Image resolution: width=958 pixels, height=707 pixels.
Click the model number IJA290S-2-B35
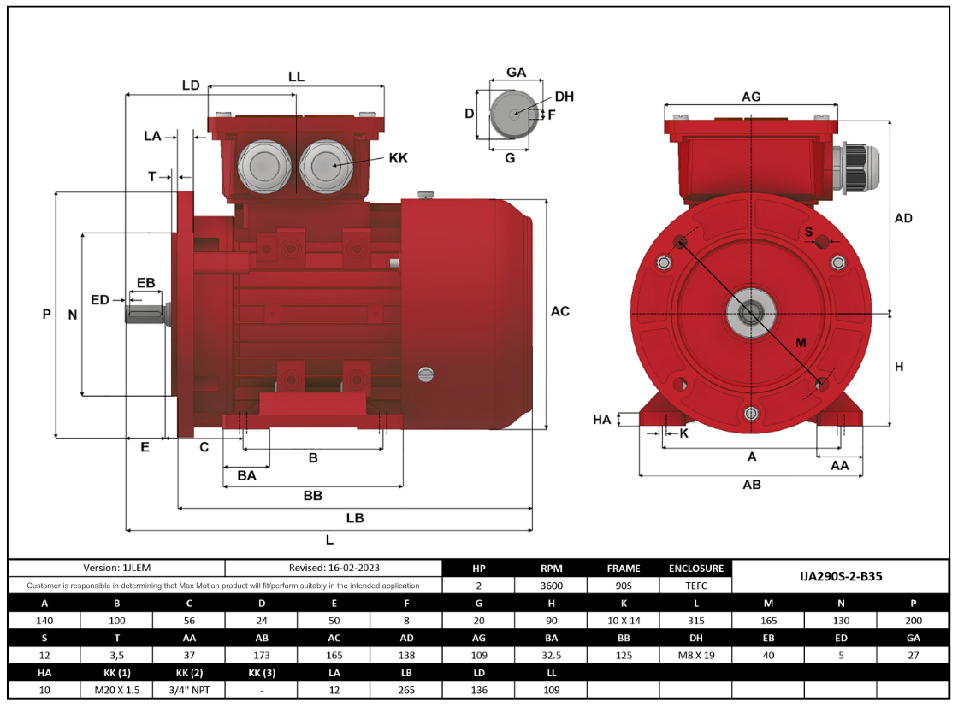tap(841, 576)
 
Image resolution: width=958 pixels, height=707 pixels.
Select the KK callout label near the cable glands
tap(398, 158)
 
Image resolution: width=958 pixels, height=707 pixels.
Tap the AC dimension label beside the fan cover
tap(559, 311)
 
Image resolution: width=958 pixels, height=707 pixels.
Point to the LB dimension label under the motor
tap(354, 518)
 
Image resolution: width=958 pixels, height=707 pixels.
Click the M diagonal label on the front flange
tap(801, 343)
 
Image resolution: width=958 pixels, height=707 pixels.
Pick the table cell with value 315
tap(696, 621)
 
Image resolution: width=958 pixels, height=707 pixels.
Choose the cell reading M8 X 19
tap(696, 655)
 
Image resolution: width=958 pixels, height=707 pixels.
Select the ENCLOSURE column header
tap(696, 568)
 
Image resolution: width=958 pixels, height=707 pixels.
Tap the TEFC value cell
tap(696, 586)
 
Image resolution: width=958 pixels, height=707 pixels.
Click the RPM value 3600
tap(551, 586)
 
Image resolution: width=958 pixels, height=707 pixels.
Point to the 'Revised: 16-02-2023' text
tap(334, 568)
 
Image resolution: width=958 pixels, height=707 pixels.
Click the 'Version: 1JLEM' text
tap(116, 568)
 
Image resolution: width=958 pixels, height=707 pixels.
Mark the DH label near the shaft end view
tap(564, 97)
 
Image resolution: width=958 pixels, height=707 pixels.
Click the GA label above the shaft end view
tap(516, 73)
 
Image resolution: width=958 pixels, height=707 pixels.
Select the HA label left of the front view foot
tap(602, 419)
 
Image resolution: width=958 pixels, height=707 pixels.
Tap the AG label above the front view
tap(751, 97)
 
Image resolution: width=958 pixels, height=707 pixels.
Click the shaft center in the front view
tap(751, 312)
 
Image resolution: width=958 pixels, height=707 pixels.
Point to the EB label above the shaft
tap(145, 283)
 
